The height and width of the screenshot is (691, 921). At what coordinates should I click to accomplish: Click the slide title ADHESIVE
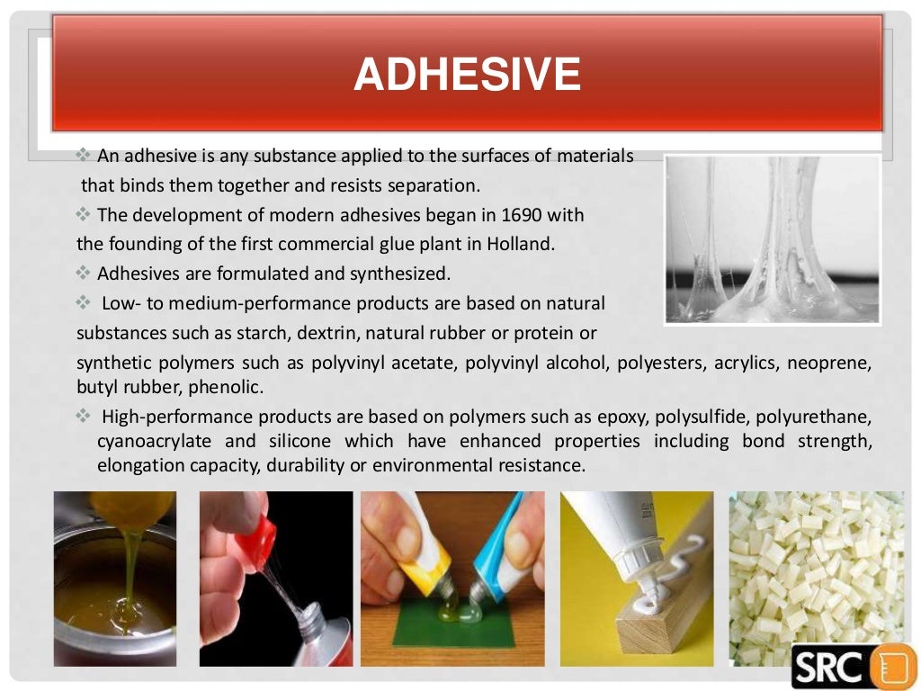coord(466,75)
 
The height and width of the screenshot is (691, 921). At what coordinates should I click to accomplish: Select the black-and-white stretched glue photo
coord(773,239)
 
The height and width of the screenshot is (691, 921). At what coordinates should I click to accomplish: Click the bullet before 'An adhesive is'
coord(86,156)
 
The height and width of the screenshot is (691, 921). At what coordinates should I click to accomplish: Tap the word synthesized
coord(405,273)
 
